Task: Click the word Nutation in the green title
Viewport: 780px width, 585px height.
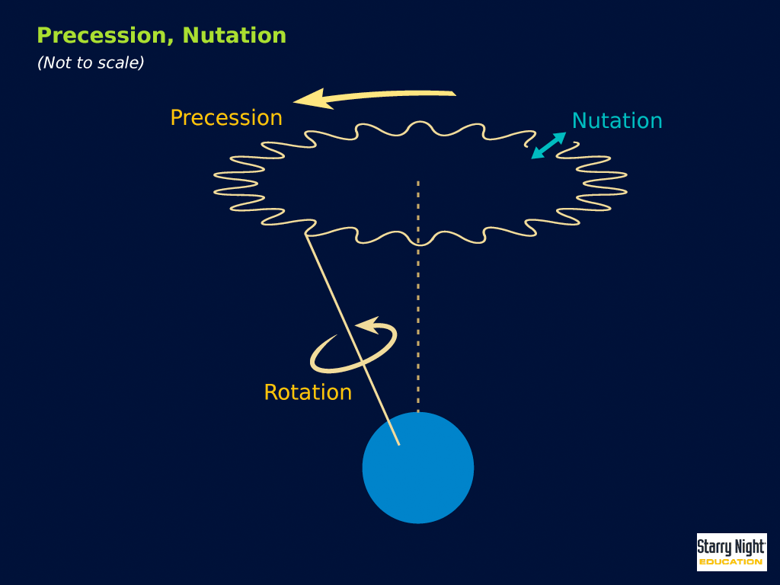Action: coord(235,36)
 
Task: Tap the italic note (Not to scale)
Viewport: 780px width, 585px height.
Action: coord(91,62)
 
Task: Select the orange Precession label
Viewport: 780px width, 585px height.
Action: coord(226,118)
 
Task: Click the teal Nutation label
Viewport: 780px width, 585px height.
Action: coord(617,121)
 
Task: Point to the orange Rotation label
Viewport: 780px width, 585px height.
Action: coord(308,392)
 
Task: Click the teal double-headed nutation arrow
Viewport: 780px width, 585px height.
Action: coord(548,145)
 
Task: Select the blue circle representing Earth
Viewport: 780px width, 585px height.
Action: coord(418,468)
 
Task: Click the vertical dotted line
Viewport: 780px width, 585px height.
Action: coord(418,297)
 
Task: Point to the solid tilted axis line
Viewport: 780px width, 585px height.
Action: coord(352,339)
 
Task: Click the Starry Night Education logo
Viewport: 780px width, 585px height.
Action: coord(732,552)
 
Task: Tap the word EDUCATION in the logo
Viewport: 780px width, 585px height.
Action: coord(730,562)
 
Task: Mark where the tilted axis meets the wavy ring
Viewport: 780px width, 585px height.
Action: coord(306,235)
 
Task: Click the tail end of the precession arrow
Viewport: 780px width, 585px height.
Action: coord(455,93)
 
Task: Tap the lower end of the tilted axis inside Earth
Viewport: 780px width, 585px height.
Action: coord(399,444)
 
